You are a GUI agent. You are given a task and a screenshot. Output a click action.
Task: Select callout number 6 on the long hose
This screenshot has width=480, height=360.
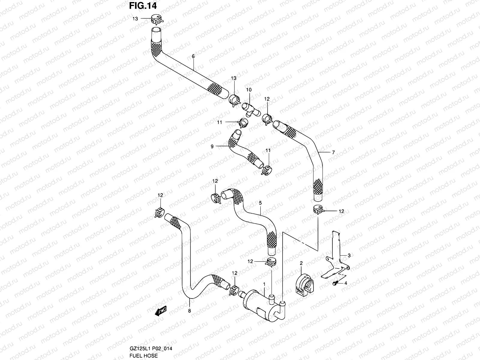pos(193,56)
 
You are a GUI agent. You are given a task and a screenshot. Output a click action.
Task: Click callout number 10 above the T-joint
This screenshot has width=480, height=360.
pos(249,90)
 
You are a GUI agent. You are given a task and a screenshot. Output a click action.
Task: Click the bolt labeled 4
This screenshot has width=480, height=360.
pos(336,283)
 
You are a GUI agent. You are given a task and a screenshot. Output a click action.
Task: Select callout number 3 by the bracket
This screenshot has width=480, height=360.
pos(349,255)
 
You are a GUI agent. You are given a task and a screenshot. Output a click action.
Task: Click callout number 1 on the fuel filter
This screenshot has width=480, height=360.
pos(264,284)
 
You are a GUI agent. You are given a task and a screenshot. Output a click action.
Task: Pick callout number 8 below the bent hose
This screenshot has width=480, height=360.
pos(189,311)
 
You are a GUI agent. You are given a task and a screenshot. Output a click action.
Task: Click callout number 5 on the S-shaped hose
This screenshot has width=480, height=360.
pos(260,203)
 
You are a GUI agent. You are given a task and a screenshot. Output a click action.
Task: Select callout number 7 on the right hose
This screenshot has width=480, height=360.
pos(333,153)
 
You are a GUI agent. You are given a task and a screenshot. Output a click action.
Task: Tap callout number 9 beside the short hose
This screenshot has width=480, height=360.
pos(212,146)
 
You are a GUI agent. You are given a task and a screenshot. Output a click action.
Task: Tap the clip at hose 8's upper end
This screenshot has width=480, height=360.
pos(160,212)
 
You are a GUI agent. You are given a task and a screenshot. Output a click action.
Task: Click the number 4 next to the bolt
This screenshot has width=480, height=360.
pos(346,283)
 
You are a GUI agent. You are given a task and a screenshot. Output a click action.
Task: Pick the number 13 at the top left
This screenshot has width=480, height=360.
pos(135,19)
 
